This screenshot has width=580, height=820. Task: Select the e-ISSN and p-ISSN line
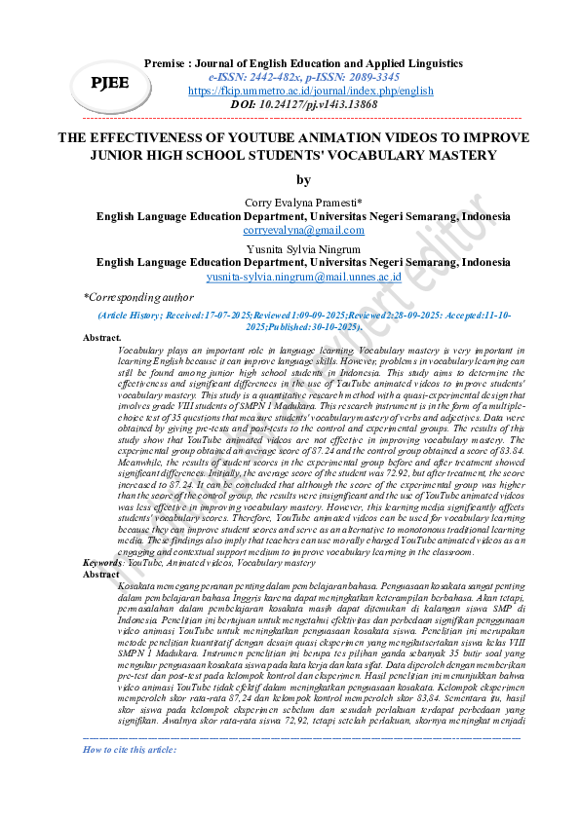point(290,75)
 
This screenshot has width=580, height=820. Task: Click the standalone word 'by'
point(303,179)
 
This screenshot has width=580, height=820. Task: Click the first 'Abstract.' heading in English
point(102,337)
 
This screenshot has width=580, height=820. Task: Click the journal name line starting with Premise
point(302,62)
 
